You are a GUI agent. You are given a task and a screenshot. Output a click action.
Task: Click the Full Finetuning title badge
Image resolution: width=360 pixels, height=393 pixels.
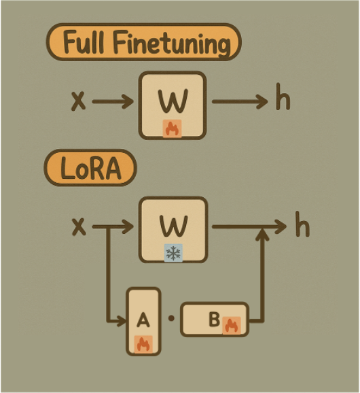coord(144,42)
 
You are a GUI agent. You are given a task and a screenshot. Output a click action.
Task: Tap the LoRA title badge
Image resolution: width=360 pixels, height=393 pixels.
coord(90,168)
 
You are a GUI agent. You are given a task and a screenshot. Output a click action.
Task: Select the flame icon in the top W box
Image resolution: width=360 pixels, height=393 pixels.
coord(173,129)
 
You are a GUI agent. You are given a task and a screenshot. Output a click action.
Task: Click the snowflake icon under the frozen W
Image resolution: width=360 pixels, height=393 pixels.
coord(173,253)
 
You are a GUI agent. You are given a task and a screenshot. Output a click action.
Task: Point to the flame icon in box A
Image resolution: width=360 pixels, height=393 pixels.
coord(143,344)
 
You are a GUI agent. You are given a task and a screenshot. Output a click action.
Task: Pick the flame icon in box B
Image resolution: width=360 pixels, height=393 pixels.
coord(232,325)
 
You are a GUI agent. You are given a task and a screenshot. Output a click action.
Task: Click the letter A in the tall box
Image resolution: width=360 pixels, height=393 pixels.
coord(143,320)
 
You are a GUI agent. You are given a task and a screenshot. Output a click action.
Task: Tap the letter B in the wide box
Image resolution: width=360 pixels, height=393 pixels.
coord(214,319)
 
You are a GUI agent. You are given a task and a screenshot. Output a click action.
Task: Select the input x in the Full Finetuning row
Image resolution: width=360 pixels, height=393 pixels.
coord(78,101)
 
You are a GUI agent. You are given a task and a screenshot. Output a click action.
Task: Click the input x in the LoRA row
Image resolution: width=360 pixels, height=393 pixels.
coord(79,226)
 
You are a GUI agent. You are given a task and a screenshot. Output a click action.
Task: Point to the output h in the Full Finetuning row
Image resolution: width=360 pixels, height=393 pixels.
coord(283,97)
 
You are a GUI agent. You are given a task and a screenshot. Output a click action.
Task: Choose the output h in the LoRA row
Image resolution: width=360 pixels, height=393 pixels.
coord(302,224)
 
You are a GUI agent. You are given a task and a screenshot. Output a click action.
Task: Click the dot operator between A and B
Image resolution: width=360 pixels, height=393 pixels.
coord(171,318)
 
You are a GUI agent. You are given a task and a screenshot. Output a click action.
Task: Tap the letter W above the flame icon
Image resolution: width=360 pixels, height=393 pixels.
coord(173,101)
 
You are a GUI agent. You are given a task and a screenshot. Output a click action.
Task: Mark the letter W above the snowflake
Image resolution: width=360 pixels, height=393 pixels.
coord(174,226)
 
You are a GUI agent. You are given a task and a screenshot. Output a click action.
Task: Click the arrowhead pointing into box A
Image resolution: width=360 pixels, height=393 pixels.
coord(122,321)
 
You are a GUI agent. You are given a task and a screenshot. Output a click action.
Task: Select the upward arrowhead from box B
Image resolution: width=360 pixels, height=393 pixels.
coord(262,235)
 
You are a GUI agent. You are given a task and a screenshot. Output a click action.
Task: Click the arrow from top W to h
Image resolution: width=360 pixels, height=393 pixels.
coord(240,101)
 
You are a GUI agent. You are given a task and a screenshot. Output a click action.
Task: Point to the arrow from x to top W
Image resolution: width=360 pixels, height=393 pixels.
coord(113,101)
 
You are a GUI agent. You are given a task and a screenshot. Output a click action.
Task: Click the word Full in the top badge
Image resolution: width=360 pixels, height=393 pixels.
coord(84,42)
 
